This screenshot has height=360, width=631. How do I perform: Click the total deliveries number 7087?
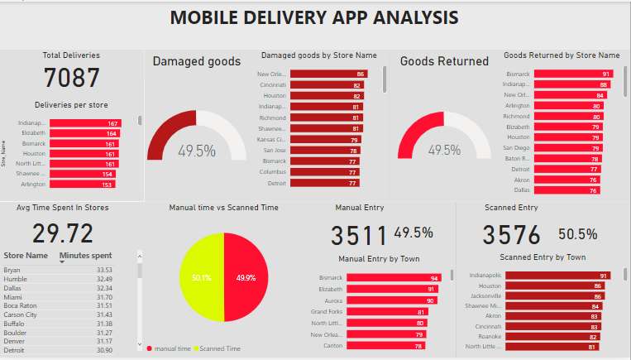tap(72, 78)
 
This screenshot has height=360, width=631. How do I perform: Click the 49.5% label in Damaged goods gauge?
tap(196, 151)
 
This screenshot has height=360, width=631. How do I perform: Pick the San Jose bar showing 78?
tap(326, 151)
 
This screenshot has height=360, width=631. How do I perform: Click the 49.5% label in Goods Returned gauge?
tap(444, 151)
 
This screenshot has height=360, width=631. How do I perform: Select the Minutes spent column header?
tap(86, 256)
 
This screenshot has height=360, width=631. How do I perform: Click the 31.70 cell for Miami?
tap(103, 297)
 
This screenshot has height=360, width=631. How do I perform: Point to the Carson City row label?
tap(21, 314)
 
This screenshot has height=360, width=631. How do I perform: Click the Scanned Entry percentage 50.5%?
tap(577, 234)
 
